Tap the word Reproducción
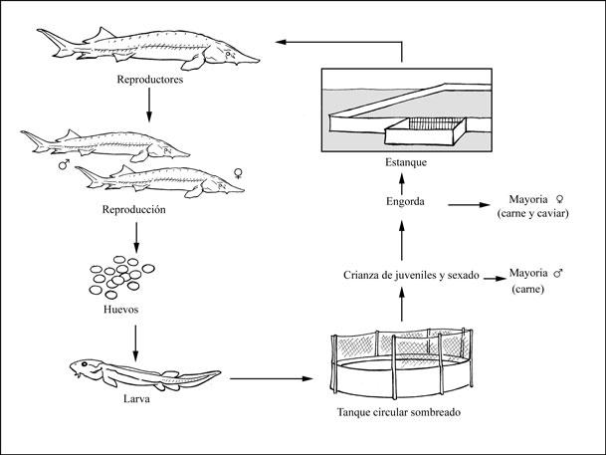click(x=146, y=210)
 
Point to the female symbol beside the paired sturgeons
click(x=239, y=173)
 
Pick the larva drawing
click(x=144, y=373)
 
